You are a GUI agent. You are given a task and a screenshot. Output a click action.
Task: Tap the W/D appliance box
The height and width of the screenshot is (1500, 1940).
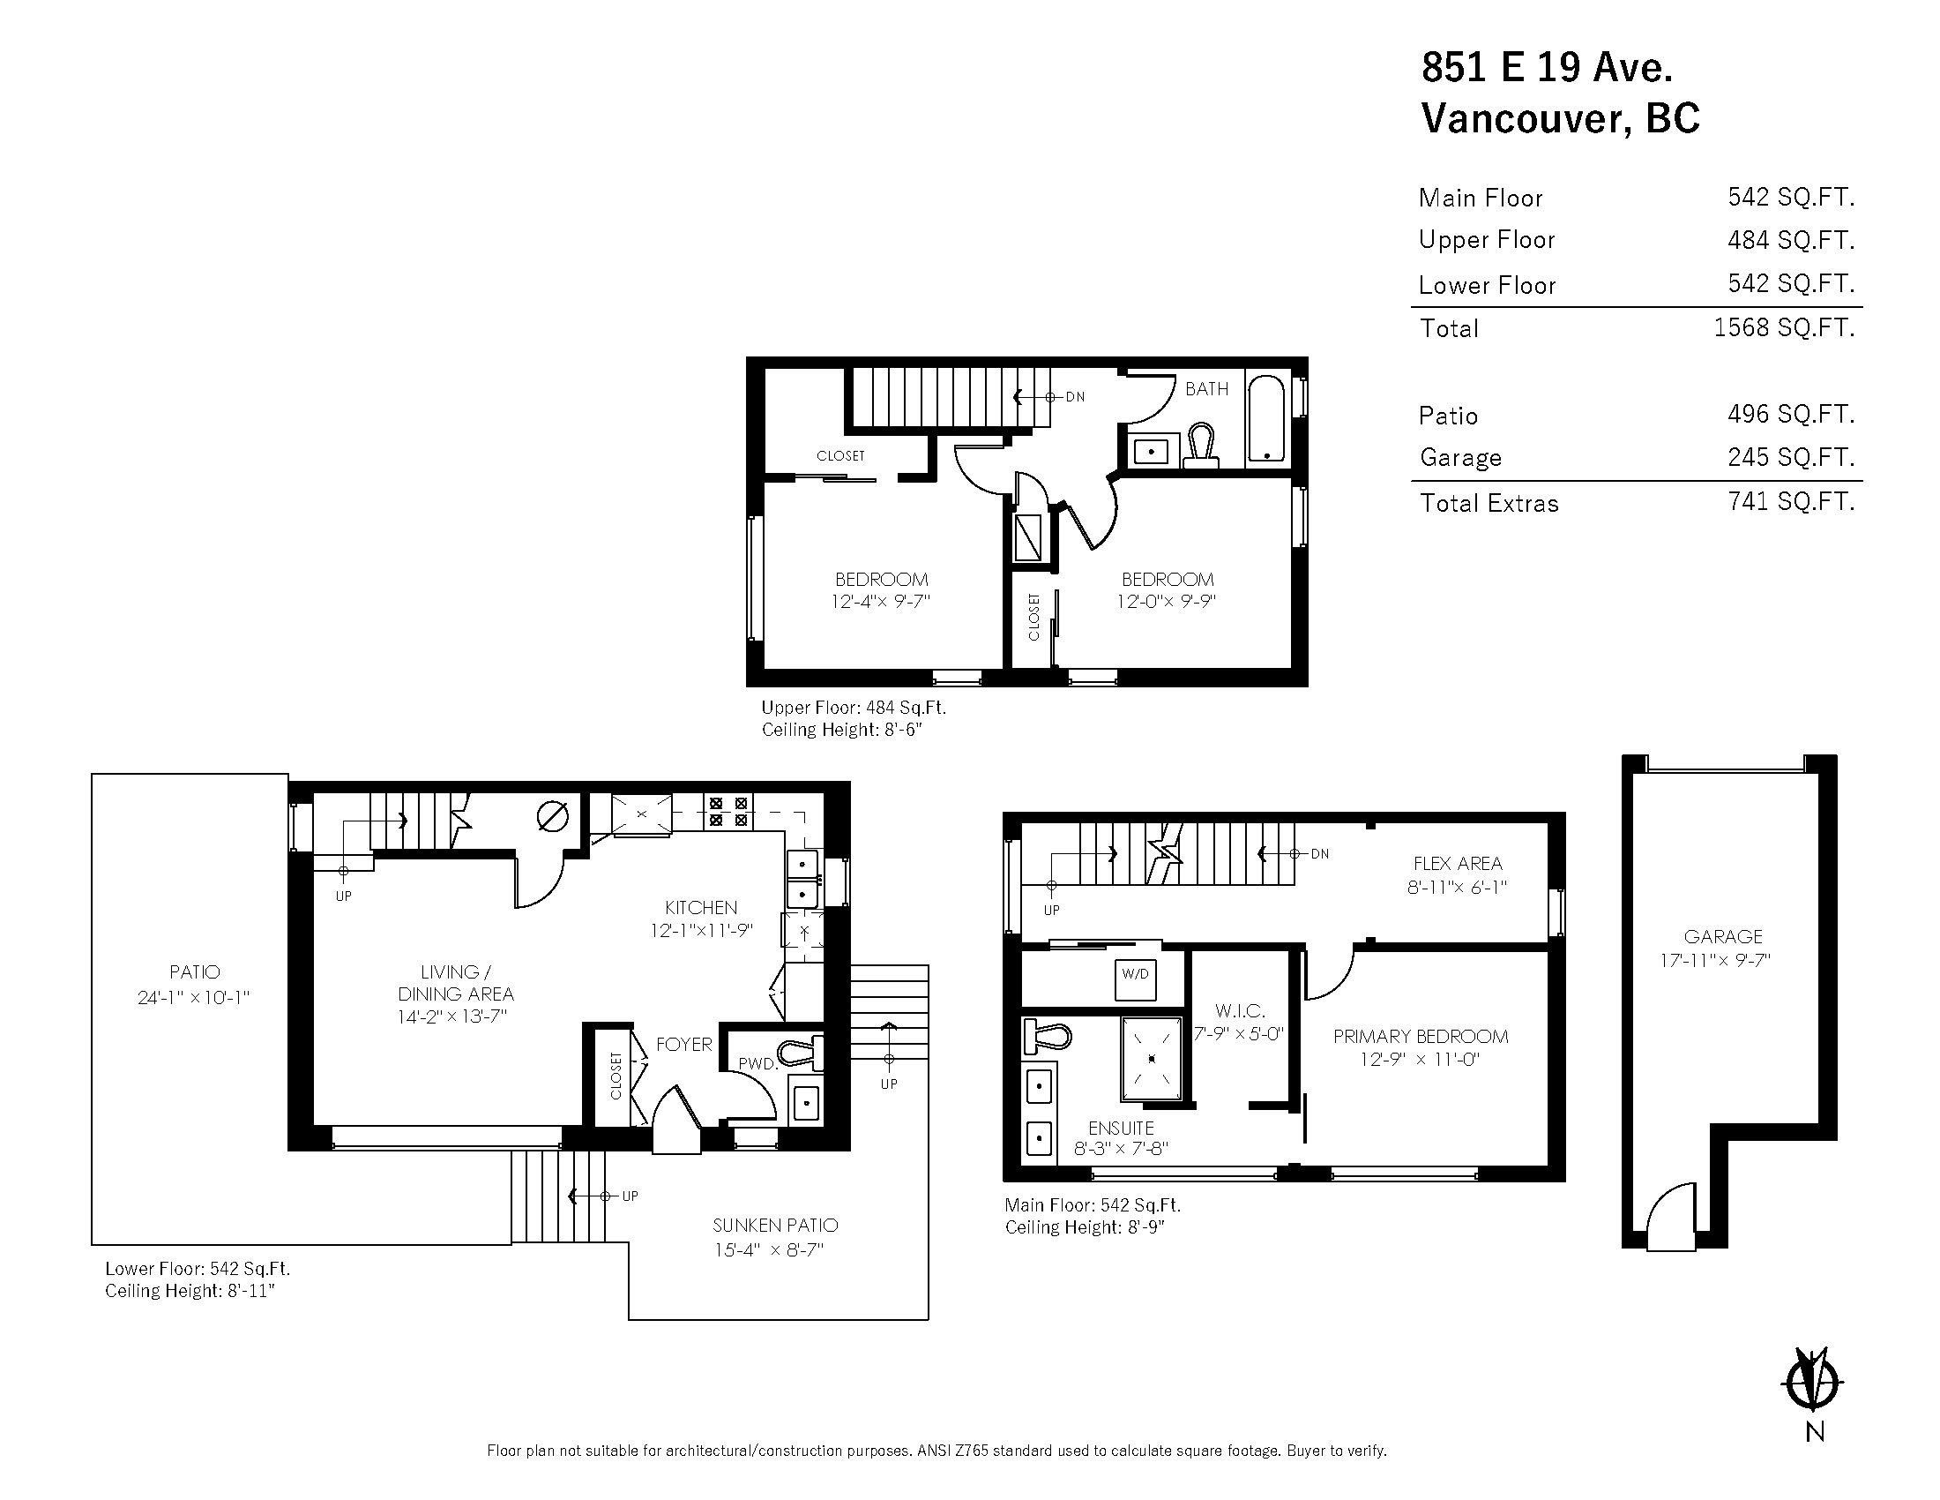click(x=1134, y=974)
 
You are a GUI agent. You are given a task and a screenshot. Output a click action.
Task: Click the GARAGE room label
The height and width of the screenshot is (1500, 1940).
click(x=1722, y=936)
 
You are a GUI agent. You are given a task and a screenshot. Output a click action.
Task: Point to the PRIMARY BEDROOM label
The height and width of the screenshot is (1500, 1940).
click(x=1420, y=1036)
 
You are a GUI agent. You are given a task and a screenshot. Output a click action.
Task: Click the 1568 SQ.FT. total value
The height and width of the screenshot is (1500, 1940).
click(x=1784, y=328)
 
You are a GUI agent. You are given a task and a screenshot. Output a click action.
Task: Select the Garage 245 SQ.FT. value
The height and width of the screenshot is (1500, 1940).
click(x=1791, y=457)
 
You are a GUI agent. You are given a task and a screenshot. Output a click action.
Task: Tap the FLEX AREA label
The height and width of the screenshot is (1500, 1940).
click(x=1458, y=863)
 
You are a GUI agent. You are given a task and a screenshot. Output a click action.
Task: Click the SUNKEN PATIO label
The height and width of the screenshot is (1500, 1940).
click(x=774, y=1226)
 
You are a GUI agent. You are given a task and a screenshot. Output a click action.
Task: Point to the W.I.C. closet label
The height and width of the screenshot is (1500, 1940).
click(x=1239, y=1011)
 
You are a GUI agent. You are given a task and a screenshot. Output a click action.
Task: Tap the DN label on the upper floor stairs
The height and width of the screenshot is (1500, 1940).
click(x=1075, y=397)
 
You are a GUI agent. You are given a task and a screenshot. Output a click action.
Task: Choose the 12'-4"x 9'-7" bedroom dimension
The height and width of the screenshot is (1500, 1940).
click(x=880, y=602)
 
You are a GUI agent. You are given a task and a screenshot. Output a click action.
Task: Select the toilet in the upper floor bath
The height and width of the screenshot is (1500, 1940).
click(x=1201, y=445)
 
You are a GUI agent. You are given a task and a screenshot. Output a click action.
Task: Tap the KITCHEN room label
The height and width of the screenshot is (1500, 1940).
click(x=701, y=907)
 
